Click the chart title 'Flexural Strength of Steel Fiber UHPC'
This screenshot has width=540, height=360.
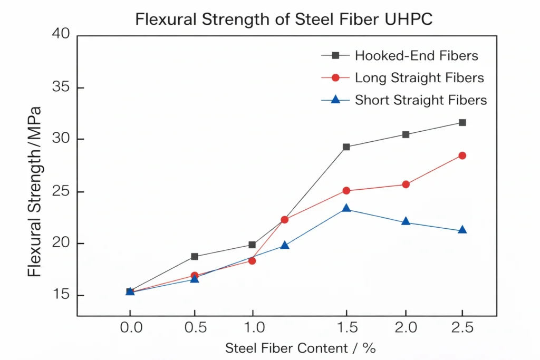284,19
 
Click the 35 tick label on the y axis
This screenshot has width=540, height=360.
61,87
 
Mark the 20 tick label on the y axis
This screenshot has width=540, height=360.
61,244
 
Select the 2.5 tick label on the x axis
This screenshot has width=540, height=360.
462,328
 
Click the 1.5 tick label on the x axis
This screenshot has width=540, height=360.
346,328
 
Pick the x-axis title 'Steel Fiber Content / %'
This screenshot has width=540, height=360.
300,348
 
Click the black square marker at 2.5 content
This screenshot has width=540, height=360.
462,122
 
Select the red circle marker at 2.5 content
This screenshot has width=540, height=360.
462,155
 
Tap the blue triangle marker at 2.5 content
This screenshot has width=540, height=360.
462,230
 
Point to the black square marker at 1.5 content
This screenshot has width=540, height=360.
346,147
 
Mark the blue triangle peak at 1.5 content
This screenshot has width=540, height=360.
346,209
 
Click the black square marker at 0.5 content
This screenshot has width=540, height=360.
194,257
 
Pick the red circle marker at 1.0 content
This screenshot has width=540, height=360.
252,261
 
